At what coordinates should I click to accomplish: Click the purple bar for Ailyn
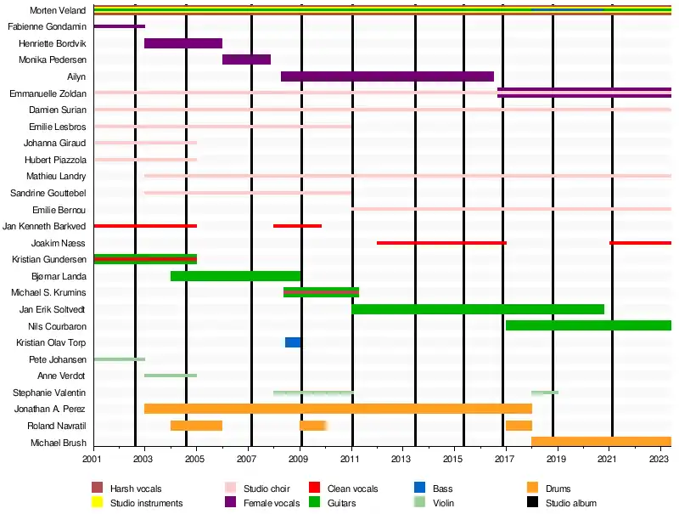click(387, 76)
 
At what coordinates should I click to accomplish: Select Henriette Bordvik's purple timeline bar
click(183, 43)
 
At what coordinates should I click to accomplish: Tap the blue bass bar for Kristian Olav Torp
click(293, 342)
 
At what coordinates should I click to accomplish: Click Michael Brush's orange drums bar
click(601, 442)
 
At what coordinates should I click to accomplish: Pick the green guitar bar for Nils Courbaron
click(588, 325)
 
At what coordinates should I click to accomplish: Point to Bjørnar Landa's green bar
click(235, 276)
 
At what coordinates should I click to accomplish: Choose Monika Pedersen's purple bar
click(246, 59)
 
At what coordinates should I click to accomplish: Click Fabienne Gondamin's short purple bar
click(119, 26)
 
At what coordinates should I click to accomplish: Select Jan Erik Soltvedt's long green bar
click(478, 309)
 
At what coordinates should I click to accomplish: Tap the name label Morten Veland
click(58, 10)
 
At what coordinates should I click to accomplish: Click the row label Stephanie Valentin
click(49, 393)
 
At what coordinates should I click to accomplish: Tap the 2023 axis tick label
click(659, 460)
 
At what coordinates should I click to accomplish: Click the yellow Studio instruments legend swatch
click(98, 503)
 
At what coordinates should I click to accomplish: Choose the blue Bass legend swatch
click(419, 489)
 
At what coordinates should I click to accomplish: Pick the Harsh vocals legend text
click(136, 489)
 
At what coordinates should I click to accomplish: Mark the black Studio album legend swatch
click(533, 503)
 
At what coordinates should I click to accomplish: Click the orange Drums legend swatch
click(533, 489)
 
